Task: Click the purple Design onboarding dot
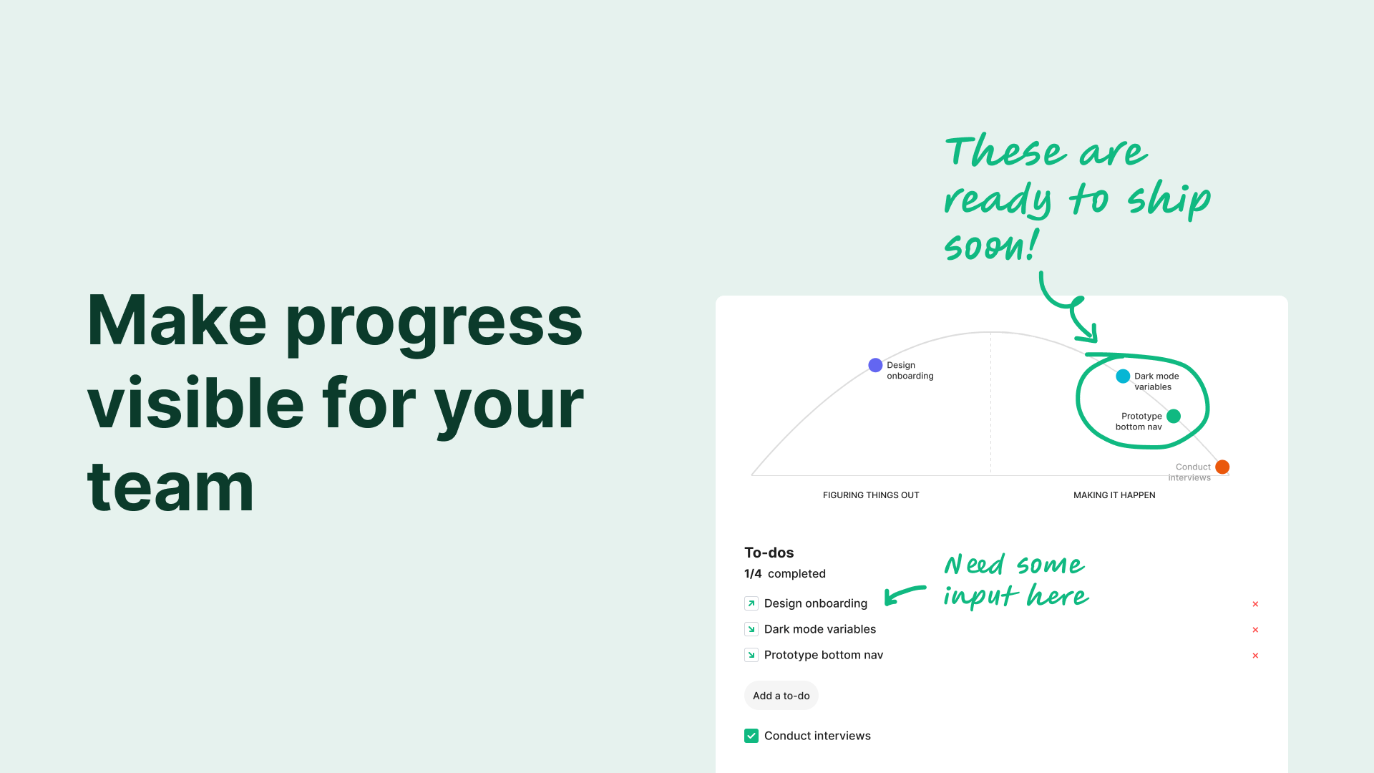[x=875, y=365]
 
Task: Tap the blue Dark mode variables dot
[x=1123, y=376]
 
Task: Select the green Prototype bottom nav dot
[x=1174, y=416]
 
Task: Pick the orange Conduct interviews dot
[x=1222, y=467]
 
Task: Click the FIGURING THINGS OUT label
[x=871, y=495]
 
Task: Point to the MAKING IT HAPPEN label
[x=1114, y=495]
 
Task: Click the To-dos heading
[x=769, y=553]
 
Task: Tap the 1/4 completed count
[x=785, y=573]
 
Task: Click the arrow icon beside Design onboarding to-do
[x=751, y=603]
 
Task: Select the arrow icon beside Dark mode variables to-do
[x=751, y=629]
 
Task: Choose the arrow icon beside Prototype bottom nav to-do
[x=751, y=655]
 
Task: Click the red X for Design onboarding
[x=1255, y=604]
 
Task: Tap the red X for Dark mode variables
[x=1255, y=630]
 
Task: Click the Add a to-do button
[x=781, y=696]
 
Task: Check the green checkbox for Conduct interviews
[x=751, y=736]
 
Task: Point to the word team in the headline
[x=171, y=487]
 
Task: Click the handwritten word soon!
[x=992, y=245]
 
